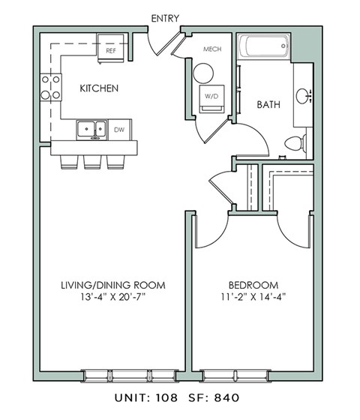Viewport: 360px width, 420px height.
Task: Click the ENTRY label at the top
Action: pyautogui.click(x=164, y=18)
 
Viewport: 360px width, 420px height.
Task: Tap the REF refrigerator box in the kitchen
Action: pyautogui.click(x=111, y=51)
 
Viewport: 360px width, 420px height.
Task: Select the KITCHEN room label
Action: pyautogui.click(x=99, y=88)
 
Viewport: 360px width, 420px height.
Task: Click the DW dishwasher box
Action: pyautogui.click(x=119, y=130)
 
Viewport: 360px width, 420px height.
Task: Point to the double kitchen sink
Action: pyautogui.click(x=91, y=130)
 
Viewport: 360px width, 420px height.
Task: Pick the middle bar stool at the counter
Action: pyautogui.click(x=94, y=160)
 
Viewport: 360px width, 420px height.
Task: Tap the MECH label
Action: pyautogui.click(x=212, y=50)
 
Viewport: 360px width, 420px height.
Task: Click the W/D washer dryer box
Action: pyautogui.click(x=211, y=97)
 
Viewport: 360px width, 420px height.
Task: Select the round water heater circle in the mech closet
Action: pyautogui.click(x=203, y=73)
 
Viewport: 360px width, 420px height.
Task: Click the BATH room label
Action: pyautogui.click(x=268, y=105)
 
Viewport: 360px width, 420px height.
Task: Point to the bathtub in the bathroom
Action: pyautogui.click(x=264, y=48)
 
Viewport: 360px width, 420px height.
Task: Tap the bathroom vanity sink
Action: pyautogui.click(x=303, y=96)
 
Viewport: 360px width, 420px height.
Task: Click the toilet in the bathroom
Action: pyautogui.click(x=297, y=142)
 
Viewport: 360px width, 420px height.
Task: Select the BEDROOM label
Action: pyautogui.click(x=253, y=285)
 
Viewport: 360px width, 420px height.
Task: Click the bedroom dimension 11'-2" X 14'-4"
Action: pyautogui.click(x=253, y=297)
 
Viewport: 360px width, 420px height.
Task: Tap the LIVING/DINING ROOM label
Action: pyautogui.click(x=112, y=285)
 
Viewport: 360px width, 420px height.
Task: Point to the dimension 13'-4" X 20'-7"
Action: pyautogui.click(x=112, y=297)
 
